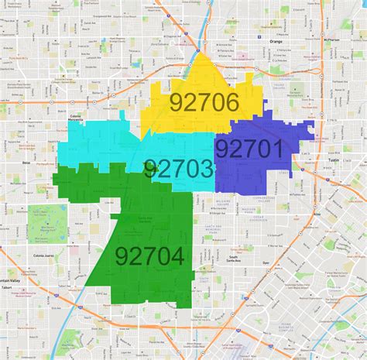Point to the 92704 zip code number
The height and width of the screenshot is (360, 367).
(x=150, y=255)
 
